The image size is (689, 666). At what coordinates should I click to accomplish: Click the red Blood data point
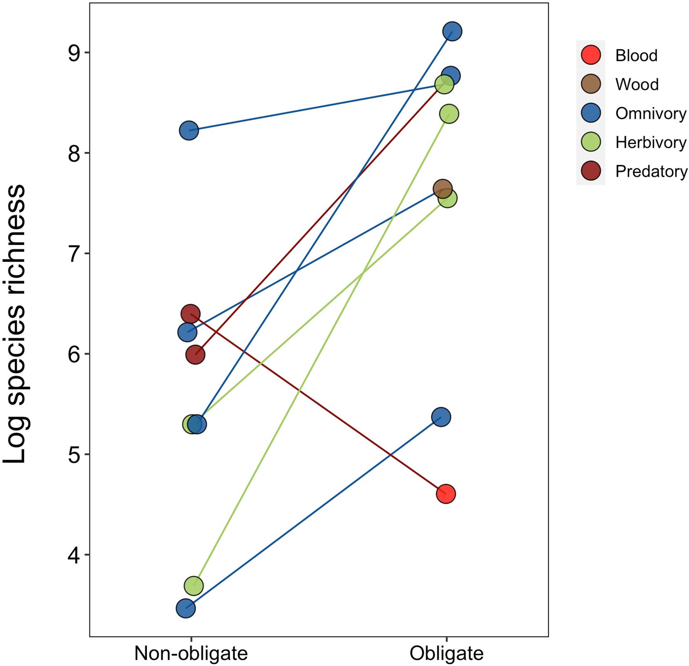(446, 494)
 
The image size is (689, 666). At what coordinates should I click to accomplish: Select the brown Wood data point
(443, 189)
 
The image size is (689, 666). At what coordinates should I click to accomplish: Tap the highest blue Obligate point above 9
(452, 31)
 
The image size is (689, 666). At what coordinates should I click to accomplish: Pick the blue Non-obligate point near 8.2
(189, 130)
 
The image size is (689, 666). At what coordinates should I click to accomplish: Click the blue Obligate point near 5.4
(441, 417)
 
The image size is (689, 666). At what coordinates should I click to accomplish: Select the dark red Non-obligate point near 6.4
(191, 314)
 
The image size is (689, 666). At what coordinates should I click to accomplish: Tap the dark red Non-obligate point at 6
(195, 355)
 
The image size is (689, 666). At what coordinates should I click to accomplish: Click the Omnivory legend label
(650, 113)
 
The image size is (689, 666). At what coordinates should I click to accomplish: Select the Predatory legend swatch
(591, 171)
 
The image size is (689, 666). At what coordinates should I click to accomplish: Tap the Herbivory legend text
(650, 142)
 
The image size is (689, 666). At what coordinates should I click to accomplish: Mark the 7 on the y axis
(74, 254)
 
